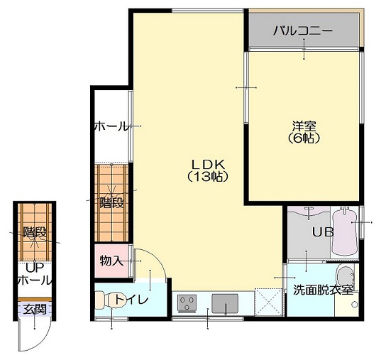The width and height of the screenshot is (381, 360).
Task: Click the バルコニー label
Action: (303, 31)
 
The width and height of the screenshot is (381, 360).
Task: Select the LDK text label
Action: (206, 161)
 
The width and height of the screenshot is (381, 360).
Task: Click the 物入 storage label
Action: (111, 261)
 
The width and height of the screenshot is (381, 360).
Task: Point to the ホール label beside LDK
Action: (111, 126)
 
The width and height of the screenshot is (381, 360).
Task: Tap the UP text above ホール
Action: (34, 268)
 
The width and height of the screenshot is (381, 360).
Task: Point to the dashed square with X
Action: (268, 301)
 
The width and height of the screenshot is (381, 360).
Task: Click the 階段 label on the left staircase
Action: (34, 231)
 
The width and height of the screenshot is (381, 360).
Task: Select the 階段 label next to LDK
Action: (111, 202)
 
